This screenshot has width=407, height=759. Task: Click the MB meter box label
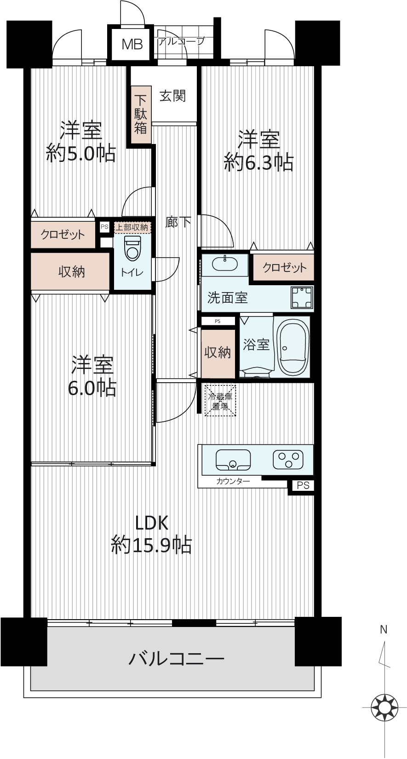pyautogui.click(x=132, y=44)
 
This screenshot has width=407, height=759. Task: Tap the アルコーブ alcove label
pyautogui.click(x=181, y=41)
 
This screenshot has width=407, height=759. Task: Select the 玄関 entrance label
pyautogui.click(x=173, y=96)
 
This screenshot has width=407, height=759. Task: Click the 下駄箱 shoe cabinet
pyautogui.click(x=141, y=114)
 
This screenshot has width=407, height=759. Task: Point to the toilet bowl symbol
pyautogui.click(x=132, y=248)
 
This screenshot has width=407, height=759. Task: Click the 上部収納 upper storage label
pyautogui.click(x=132, y=227)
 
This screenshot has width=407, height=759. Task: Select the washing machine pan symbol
pyautogui.click(x=301, y=298)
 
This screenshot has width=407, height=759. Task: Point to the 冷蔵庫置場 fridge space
pyautogui.click(x=220, y=400)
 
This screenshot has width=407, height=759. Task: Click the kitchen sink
pyautogui.click(x=233, y=460)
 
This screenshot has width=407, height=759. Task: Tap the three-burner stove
pyautogui.click(x=288, y=459)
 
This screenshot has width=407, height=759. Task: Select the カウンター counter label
pyautogui.click(x=233, y=481)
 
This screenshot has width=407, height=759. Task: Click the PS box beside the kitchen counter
pyautogui.click(x=303, y=486)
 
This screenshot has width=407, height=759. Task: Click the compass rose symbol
pyautogui.click(x=384, y=707)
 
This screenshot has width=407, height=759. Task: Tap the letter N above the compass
pyautogui.click(x=383, y=630)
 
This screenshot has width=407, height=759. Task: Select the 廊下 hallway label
pyautogui.click(x=178, y=222)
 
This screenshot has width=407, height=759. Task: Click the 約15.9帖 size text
pyautogui.click(x=151, y=545)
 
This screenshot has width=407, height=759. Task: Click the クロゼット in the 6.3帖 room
pyautogui.click(x=284, y=268)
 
